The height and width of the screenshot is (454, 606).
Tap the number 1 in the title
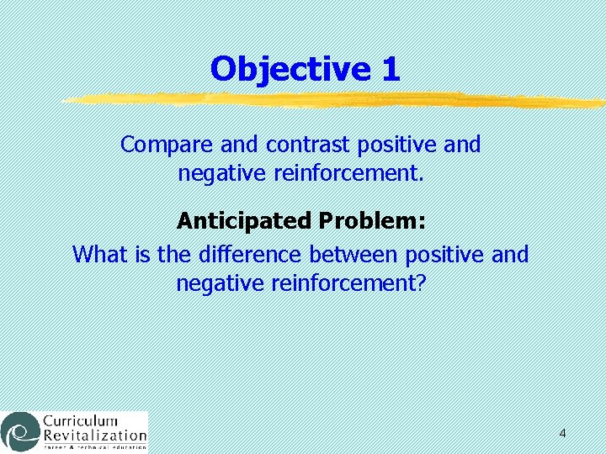[390, 69]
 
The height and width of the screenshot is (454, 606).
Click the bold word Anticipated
[244, 222]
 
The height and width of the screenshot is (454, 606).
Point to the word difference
[250, 254]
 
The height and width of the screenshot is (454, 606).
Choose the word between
[353, 254]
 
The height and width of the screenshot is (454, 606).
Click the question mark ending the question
[422, 283]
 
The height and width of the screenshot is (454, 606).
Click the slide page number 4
[562, 434]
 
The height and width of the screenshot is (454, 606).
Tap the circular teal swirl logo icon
[20, 431]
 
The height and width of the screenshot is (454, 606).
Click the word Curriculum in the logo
[80, 421]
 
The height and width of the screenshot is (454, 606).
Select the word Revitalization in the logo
[94, 436]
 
